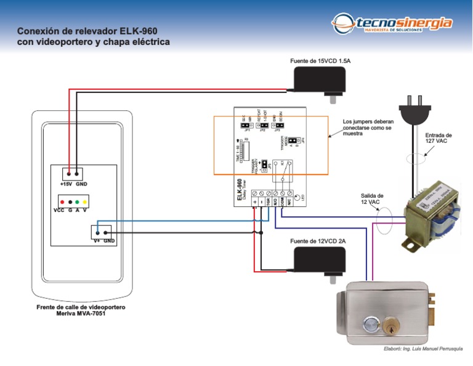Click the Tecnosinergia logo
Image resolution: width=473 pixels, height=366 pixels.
392,25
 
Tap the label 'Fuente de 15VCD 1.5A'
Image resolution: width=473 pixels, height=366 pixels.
324,61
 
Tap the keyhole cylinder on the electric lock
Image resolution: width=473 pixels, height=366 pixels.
390,325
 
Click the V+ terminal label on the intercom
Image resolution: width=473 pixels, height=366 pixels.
97,241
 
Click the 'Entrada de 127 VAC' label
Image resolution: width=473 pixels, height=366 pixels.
439,138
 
